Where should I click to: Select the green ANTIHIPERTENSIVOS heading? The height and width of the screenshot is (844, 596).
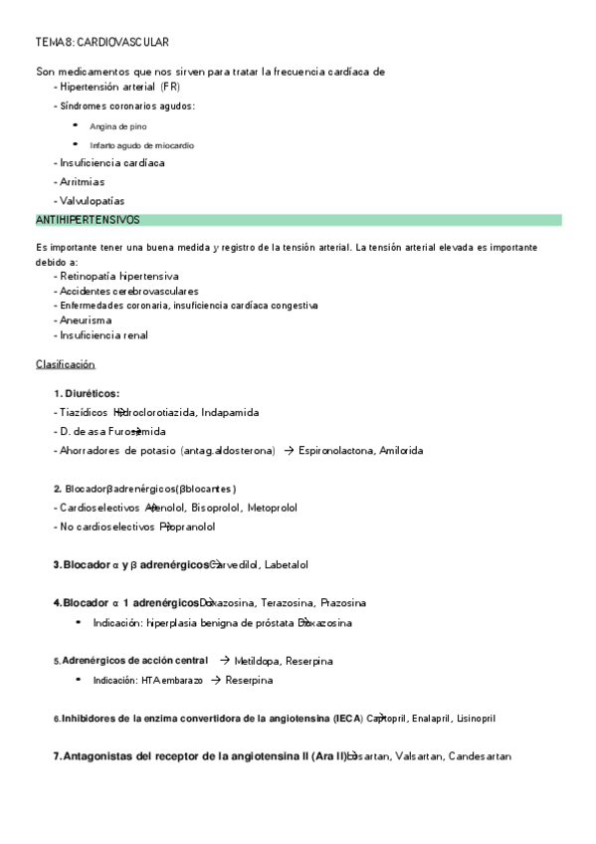[x=88, y=219]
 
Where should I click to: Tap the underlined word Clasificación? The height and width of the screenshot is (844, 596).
[x=66, y=364]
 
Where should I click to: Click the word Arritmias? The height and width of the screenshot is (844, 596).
[x=82, y=182]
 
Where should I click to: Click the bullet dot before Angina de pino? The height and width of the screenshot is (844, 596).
[x=76, y=125]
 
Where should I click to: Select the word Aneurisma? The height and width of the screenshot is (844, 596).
[x=86, y=320]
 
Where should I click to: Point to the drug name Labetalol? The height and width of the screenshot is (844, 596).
[x=287, y=564]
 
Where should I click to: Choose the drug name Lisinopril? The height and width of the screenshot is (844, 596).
[x=471, y=718]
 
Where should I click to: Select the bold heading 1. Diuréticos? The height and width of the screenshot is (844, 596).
[x=87, y=393]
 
